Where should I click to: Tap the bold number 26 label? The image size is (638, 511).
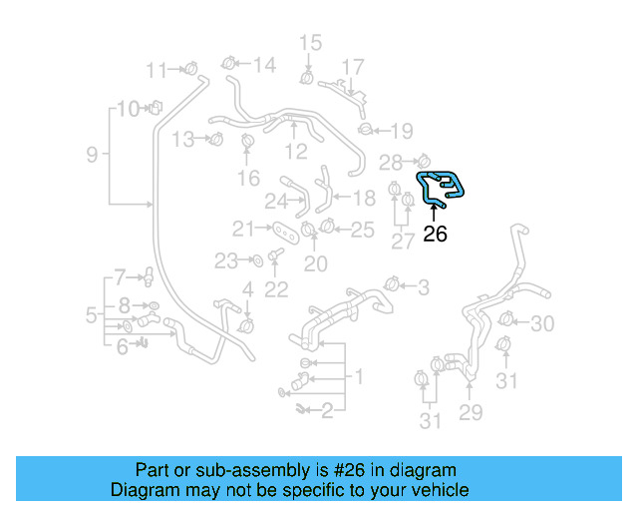click(x=435, y=235)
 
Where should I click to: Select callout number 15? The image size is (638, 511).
click(x=311, y=42)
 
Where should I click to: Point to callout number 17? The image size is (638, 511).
click(x=354, y=67)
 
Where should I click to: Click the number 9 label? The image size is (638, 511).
click(x=92, y=155)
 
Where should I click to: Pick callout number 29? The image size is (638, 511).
click(x=470, y=411)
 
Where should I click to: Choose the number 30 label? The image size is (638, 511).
click(x=541, y=323)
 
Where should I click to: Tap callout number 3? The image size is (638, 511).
click(x=423, y=288)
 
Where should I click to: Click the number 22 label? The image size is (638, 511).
click(x=276, y=289)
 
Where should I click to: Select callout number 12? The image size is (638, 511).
click(x=296, y=152)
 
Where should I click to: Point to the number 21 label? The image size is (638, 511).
click(x=244, y=228)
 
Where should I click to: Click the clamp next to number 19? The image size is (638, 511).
click(x=366, y=128)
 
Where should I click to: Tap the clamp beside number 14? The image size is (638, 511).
click(x=229, y=65)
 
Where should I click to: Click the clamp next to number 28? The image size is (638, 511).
click(x=421, y=160)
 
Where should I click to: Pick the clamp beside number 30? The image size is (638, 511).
click(x=505, y=321)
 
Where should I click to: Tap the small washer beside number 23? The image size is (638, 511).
click(x=255, y=261)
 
